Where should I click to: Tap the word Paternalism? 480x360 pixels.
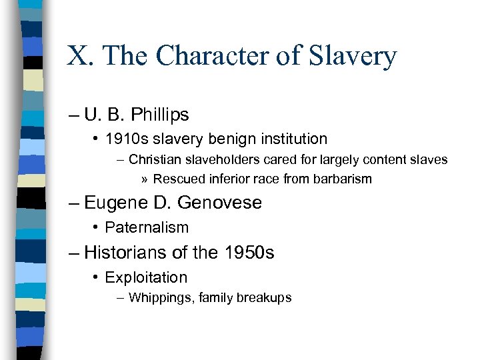point(147,227)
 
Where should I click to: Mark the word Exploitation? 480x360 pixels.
point(146,277)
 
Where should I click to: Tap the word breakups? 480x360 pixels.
point(263,298)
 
